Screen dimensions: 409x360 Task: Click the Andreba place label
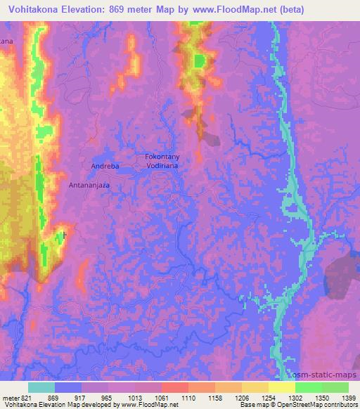point(104,166)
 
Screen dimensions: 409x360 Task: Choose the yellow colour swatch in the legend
point(281,387)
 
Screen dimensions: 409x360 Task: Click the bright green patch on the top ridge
point(200,61)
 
